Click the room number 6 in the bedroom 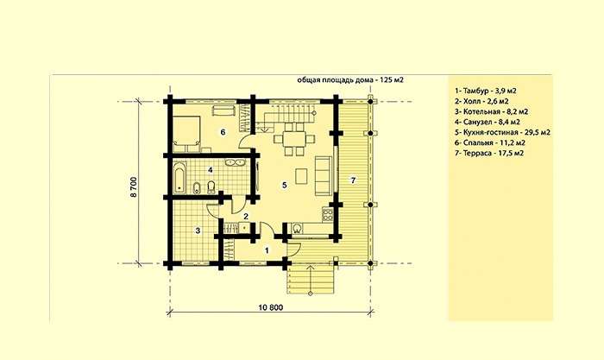pyautogui.click(x=223, y=132)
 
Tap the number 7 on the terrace pyautogui.click(x=353, y=180)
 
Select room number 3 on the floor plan pyautogui.click(x=198, y=231)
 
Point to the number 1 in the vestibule pyautogui.click(x=267, y=250)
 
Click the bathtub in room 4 pyautogui.click(x=179, y=178)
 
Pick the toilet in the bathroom pyautogui.click(x=211, y=187)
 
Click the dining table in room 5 pyautogui.click(x=294, y=139)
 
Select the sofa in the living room pyautogui.click(x=323, y=175)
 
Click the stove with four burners pyautogui.click(x=327, y=215)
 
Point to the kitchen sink pyautogui.click(x=297, y=229)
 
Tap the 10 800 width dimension pyautogui.click(x=270, y=307)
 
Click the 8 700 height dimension pyautogui.click(x=134, y=187)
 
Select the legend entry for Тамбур pyautogui.click(x=485, y=91)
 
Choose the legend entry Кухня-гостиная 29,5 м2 pyautogui.click(x=502, y=132)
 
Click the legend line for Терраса pyautogui.click(x=489, y=153)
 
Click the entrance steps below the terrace pyautogui.click(x=311, y=281)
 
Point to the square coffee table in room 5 pyautogui.click(x=302, y=176)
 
